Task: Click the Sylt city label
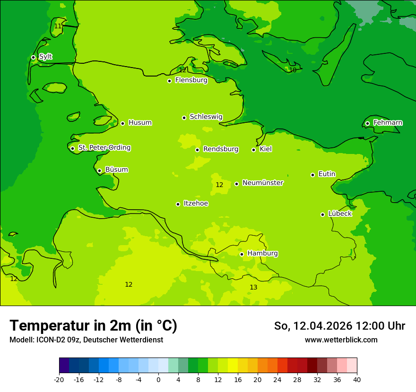point(45,57)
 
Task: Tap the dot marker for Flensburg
point(169,81)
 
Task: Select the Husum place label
point(140,123)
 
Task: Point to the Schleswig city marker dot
point(184,118)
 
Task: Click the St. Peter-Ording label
point(104,148)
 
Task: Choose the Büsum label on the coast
point(116,170)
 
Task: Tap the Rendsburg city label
point(220,149)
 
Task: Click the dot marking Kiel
point(253,150)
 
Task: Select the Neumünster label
point(262,183)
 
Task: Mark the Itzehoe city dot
point(178,204)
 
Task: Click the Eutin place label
point(327,174)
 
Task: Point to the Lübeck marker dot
point(322,214)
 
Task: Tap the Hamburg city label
point(262,254)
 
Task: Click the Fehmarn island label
point(388,123)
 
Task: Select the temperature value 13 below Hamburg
point(253,287)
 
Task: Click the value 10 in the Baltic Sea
point(293,70)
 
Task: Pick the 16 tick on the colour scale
point(237,379)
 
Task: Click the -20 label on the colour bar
point(59,379)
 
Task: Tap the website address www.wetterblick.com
point(341,340)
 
